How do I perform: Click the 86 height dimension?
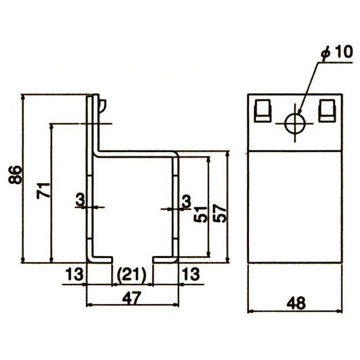(15, 175)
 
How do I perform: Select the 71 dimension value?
(43, 190)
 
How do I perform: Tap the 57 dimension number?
(219, 214)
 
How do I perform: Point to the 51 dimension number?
(200, 214)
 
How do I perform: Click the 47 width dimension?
(131, 298)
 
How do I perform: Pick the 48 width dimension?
(296, 303)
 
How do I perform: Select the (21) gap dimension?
(131, 274)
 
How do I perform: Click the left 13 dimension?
(74, 274)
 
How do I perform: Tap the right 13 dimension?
(191, 274)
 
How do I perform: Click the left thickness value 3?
(80, 200)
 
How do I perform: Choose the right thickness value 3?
(187, 200)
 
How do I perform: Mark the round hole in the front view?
(295, 123)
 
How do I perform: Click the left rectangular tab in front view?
(262, 111)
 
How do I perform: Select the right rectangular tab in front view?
(327, 111)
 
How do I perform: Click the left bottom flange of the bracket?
(99, 260)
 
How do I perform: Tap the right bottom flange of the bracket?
(165, 260)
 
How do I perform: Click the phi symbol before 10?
(326, 53)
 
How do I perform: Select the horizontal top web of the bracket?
(135, 154)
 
